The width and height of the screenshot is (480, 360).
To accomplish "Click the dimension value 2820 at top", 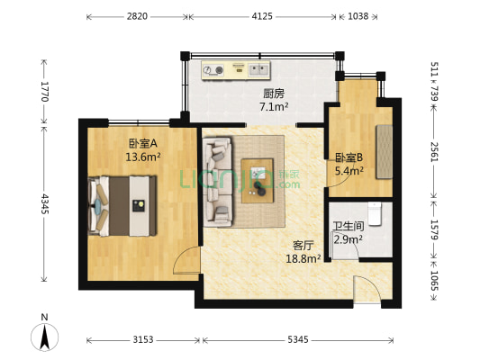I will (x=138, y=16).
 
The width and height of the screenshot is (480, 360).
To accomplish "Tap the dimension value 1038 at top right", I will (x=358, y=16).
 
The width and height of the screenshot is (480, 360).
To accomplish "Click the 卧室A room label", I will (x=143, y=142).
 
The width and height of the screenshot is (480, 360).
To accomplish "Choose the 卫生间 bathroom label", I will (x=348, y=227).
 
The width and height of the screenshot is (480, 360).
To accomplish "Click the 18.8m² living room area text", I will (x=303, y=257).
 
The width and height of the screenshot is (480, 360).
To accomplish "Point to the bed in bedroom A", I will (x=122, y=204).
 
